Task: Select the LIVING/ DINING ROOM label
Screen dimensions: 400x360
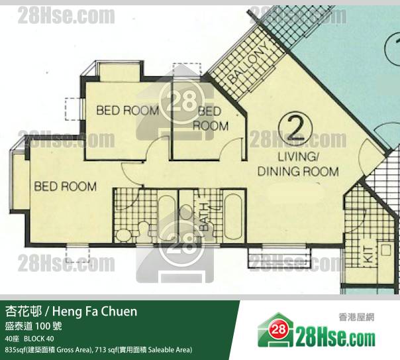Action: click(x=298, y=164)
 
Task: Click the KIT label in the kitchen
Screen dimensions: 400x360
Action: click(x=368, y=255)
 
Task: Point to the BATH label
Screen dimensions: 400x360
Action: click(x=205, y=217)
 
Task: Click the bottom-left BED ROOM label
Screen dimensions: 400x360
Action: click(x=66, y=186)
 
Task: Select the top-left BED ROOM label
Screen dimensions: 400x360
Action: click(x=128, y=110)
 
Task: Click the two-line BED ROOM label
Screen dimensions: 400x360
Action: click(x=211, y=119)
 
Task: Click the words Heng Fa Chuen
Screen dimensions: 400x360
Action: click(x=95, y=312)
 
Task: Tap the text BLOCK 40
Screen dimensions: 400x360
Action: click(x=39, y=339)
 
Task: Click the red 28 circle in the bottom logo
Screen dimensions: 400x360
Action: click(x=279, y=330)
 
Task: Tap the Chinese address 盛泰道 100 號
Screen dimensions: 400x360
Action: click(x=33, y=326)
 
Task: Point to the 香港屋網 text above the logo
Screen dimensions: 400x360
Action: click(x=357, y=318)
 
